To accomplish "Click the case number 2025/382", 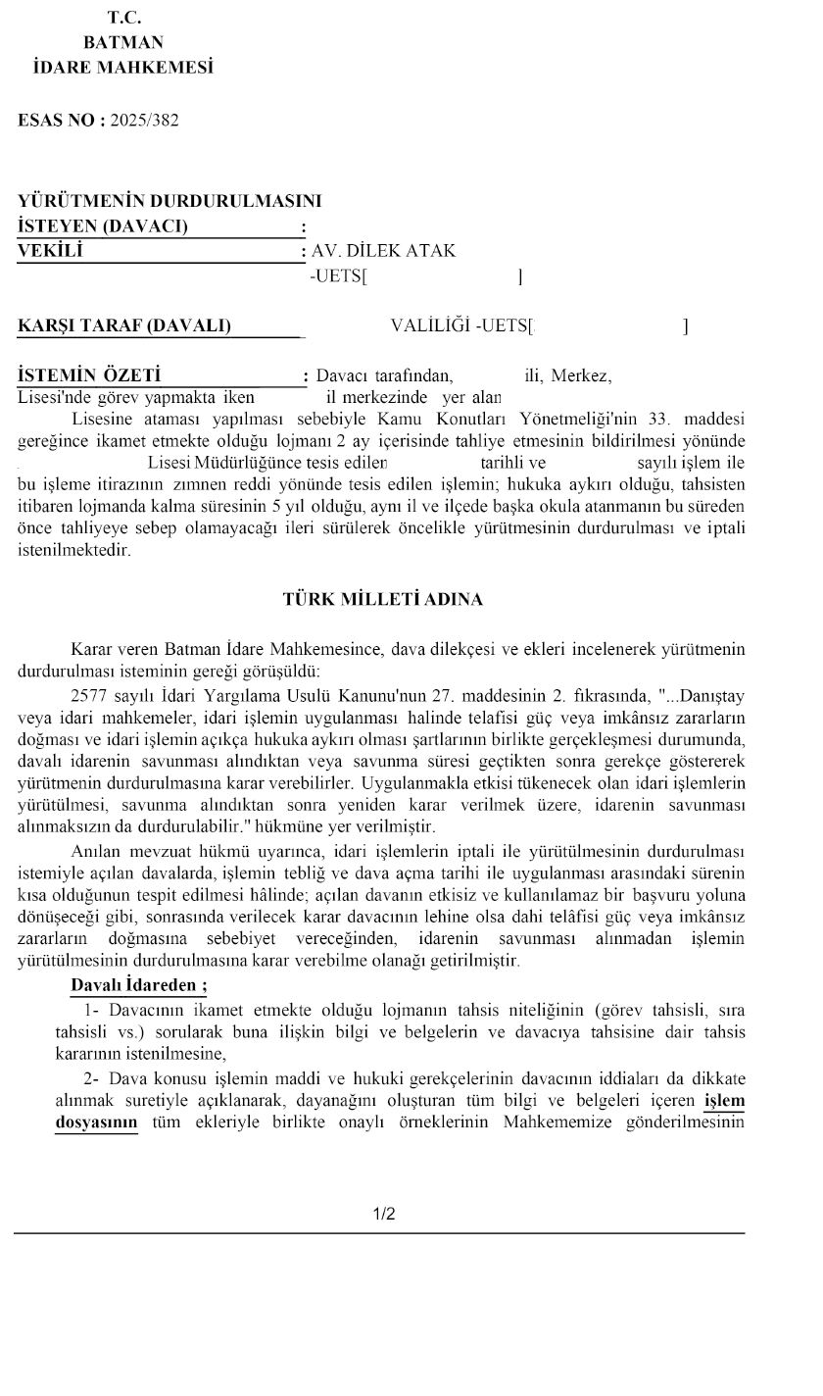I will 145,121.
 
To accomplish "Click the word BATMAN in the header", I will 123,42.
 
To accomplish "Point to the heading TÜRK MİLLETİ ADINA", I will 383,600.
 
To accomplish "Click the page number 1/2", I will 384,1215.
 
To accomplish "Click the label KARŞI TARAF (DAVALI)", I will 124,325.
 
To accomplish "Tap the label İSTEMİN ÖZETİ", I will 90,375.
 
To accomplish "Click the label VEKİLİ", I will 51,250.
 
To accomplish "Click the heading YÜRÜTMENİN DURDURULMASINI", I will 169,202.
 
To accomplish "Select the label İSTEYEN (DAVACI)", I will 104,226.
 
